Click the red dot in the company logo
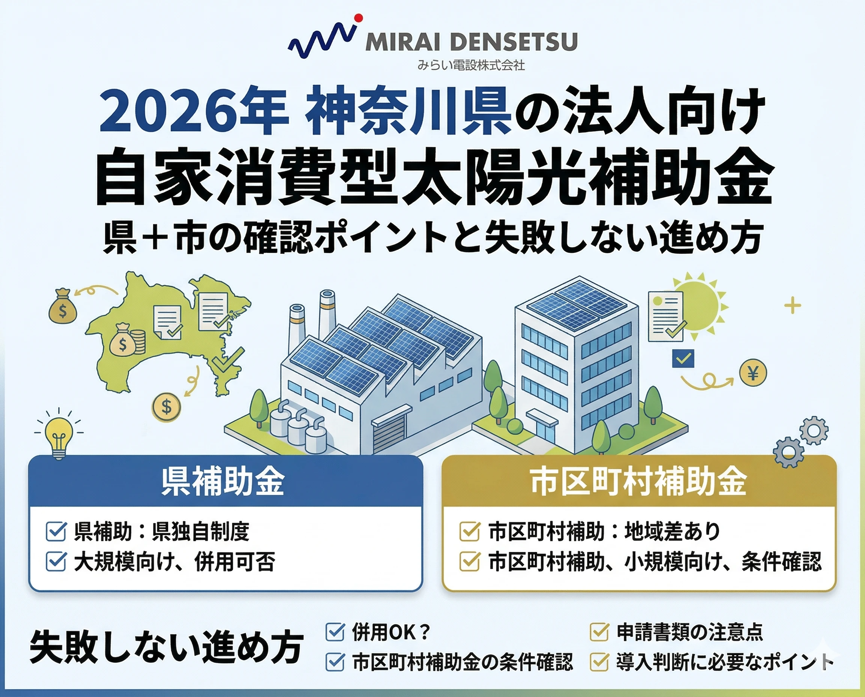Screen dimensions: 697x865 359,18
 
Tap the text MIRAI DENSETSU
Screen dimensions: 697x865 471,42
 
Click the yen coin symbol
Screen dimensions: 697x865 753,373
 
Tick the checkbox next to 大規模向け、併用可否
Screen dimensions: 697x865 56,561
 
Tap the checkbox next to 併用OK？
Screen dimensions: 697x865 335,632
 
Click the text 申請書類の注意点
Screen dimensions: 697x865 690,632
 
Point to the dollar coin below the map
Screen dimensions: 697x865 166,407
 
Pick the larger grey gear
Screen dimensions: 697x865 789,452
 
